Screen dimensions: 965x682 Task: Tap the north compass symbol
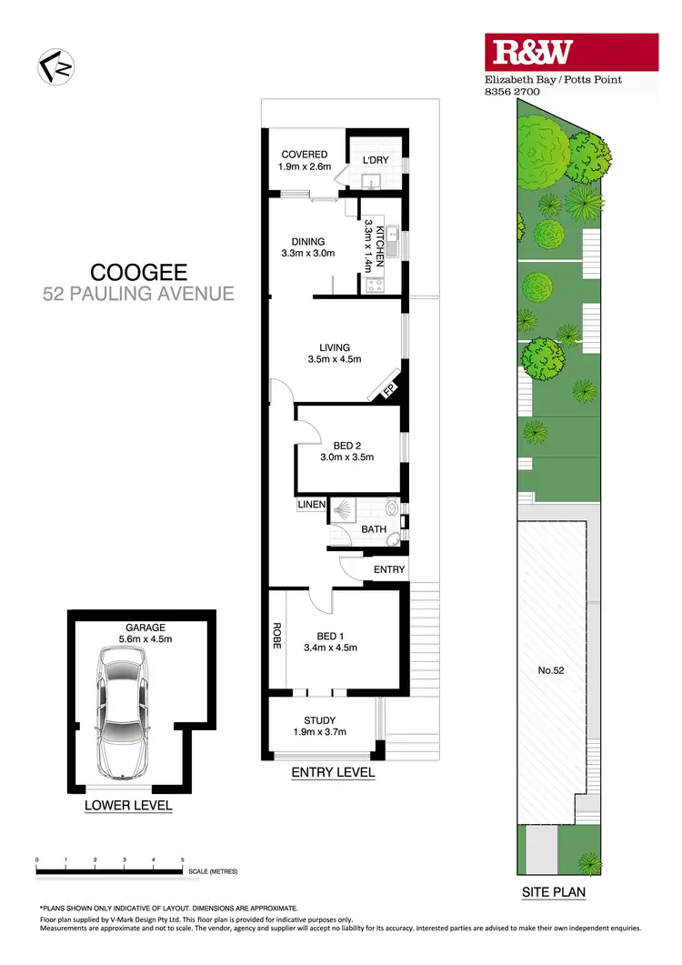point(55,67)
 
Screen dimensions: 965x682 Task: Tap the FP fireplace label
point(387,392)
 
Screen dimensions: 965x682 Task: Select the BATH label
point(374,529)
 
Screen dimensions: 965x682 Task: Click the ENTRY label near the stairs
point(389,569)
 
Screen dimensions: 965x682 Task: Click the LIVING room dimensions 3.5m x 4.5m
point(335,359)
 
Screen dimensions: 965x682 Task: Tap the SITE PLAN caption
point(554,892)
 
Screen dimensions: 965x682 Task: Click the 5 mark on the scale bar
point(183,859)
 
